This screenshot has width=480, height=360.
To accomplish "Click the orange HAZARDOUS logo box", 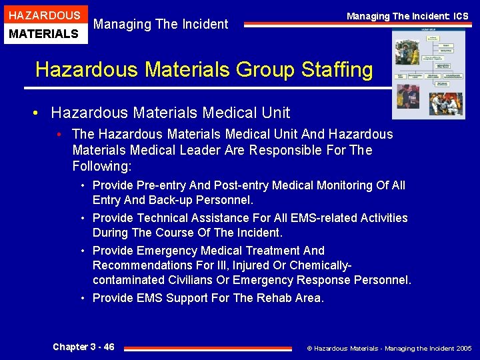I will [44, 15].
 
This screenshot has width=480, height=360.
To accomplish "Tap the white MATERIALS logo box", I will [44, 33].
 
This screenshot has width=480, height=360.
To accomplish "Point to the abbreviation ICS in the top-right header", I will [461, 16].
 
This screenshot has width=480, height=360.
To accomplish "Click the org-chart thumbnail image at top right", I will [429, 73].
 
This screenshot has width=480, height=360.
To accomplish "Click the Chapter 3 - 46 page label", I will [83, 347].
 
